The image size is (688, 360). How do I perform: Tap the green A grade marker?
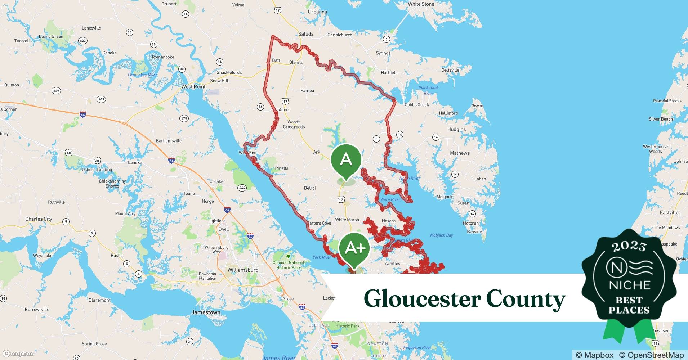pos(346,159)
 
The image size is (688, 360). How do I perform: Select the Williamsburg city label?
pos(243,270)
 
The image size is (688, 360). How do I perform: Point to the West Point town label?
pos(193,87)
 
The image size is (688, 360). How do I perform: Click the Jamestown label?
pos(206,312)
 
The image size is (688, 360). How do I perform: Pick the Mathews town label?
pos(460,153)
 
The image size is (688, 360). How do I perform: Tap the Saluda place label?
pos(306,34)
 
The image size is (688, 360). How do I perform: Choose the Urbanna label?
pos(317,12)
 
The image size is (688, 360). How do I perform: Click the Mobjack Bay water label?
pos(441,235)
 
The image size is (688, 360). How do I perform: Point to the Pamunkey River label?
pos(143,75)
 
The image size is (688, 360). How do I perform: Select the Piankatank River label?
pos(428,90)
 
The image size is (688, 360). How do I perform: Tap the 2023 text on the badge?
pos(629,246)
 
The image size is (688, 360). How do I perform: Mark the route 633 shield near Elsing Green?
pos(83,41)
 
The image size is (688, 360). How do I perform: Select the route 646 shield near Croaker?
pos(242,188)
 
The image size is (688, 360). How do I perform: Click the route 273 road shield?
pos(184,118)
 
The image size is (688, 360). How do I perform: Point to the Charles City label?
pos(39,219)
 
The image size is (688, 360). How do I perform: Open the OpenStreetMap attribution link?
pos(651,355)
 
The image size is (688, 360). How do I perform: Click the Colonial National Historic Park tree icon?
pos(288,256)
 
